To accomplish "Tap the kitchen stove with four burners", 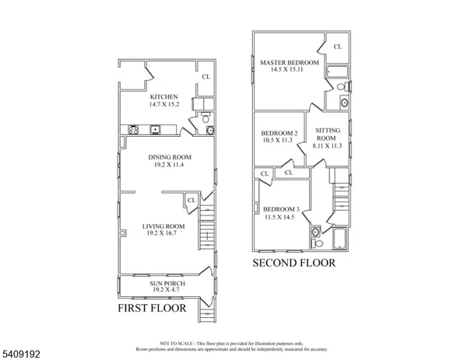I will coord(132,130).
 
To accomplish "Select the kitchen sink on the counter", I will coord(156,130).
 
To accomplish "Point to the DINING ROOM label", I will coord(170,156).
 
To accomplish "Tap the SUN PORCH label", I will coord(165,284).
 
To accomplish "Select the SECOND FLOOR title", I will coord(293,263).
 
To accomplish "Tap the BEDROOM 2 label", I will coord(279,133).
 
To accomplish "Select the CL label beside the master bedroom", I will coord(338,47).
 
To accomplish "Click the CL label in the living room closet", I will coord(191,201).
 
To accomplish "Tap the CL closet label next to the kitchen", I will coord(205,77).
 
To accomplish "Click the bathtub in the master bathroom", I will coord(338,75).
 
